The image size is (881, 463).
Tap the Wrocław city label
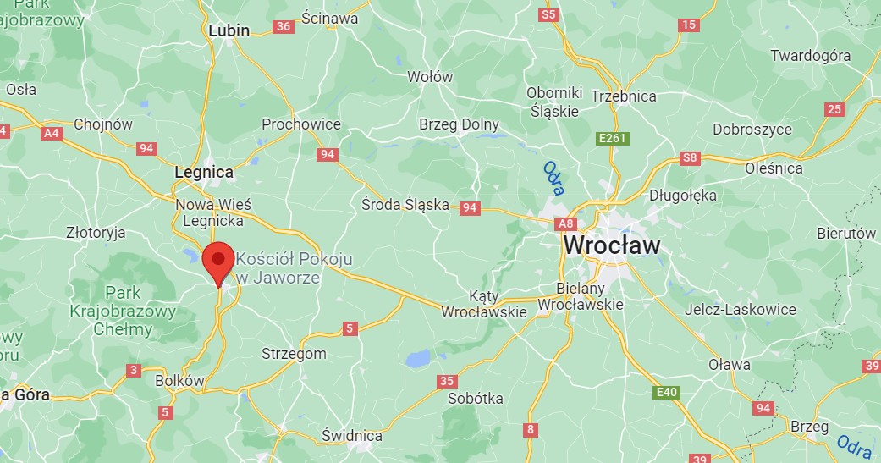(x=611, y=245)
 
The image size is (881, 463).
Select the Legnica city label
(x=203, y=172)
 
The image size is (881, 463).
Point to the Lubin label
(x=229, y=30)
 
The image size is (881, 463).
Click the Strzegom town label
(x=294, y=354)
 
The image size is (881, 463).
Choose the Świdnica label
(x=352, y=436)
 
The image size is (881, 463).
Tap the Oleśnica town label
(x=774, y=168)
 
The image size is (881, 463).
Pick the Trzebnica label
(x=624, y=96)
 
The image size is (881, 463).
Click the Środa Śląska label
(x=405, y=204)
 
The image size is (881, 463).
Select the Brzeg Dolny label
(x=459, y=124)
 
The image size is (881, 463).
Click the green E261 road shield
(x=610, y=138)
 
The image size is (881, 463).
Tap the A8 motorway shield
(x=565, y=223)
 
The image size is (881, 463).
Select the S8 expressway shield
(x=691, y=157)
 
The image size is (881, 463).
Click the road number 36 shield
(x=284, y=26)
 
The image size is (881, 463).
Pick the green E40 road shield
(x=666, y=392)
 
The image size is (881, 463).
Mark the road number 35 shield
(x=448, y=381)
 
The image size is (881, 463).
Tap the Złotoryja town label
(x=96, y=232)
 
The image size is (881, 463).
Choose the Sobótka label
(x=475, y=398)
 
